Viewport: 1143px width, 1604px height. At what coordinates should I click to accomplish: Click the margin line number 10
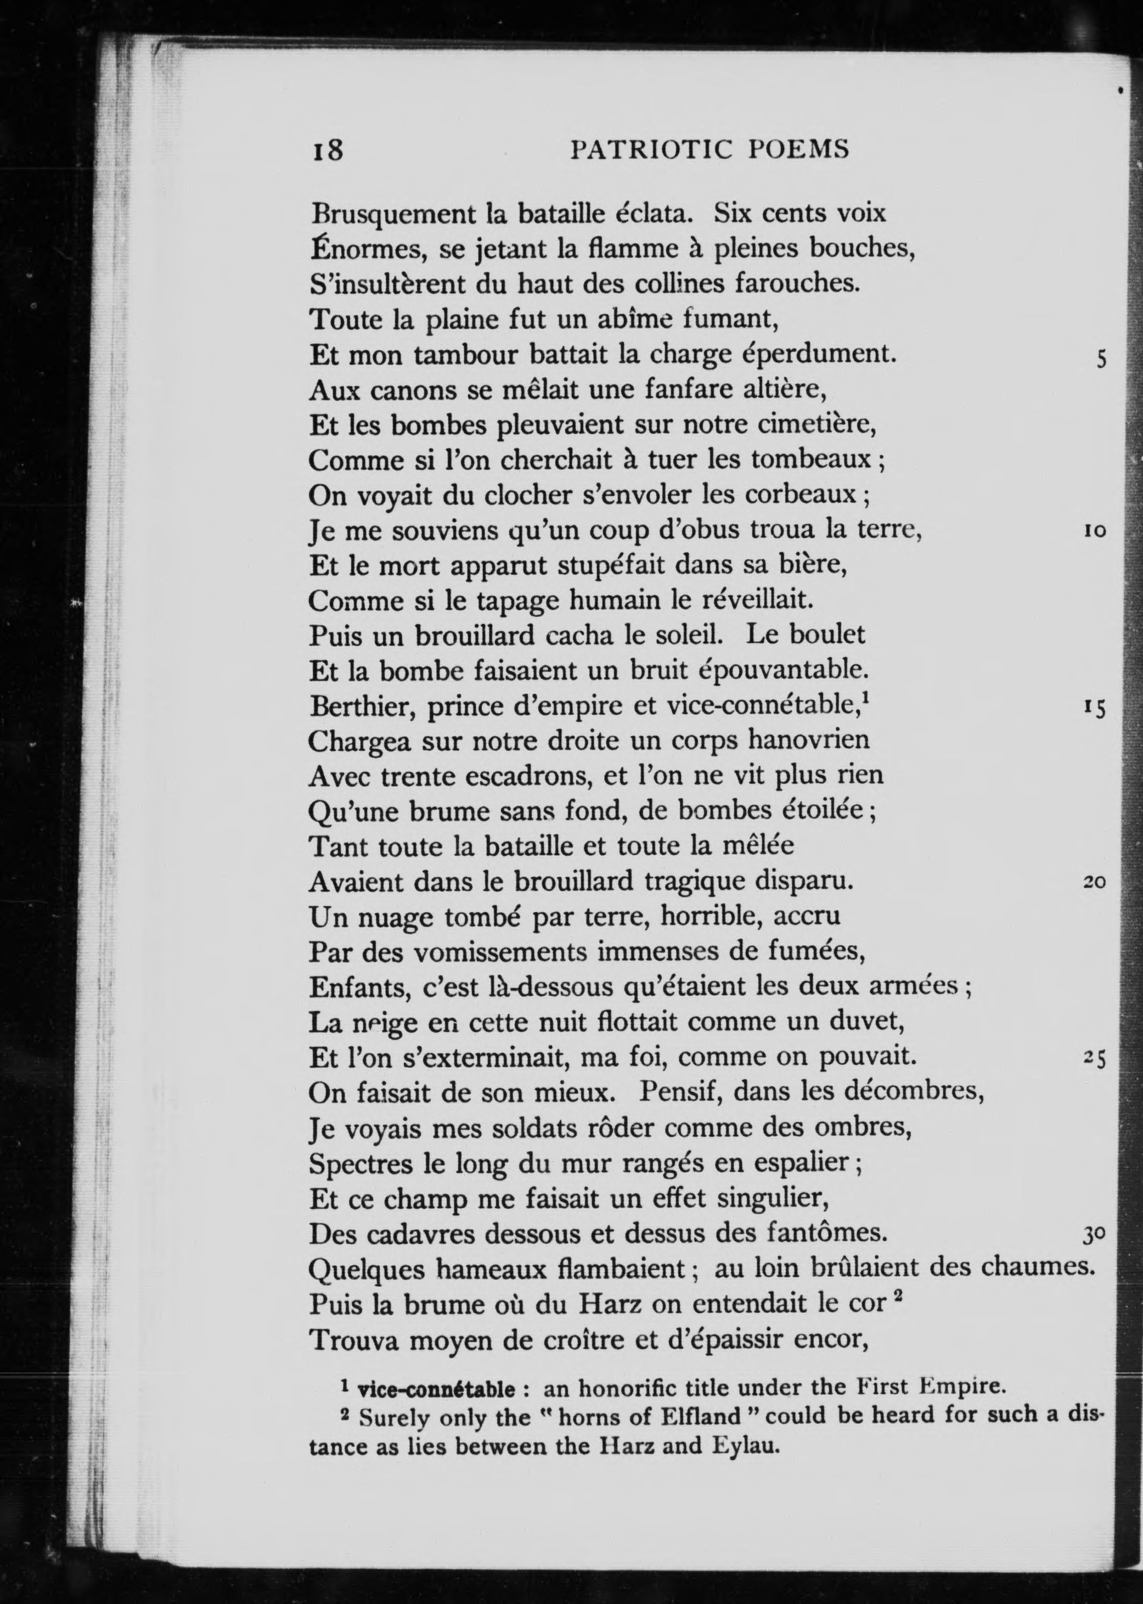tap(1095, 531)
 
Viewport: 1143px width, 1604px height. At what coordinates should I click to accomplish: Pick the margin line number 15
tap(1096, 708)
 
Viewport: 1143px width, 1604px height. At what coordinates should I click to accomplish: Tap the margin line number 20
tap(1095, 882)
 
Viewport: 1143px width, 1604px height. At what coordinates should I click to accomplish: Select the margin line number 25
tap(1096, 1058)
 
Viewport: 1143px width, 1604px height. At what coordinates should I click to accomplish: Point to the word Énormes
tap(367, 249)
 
